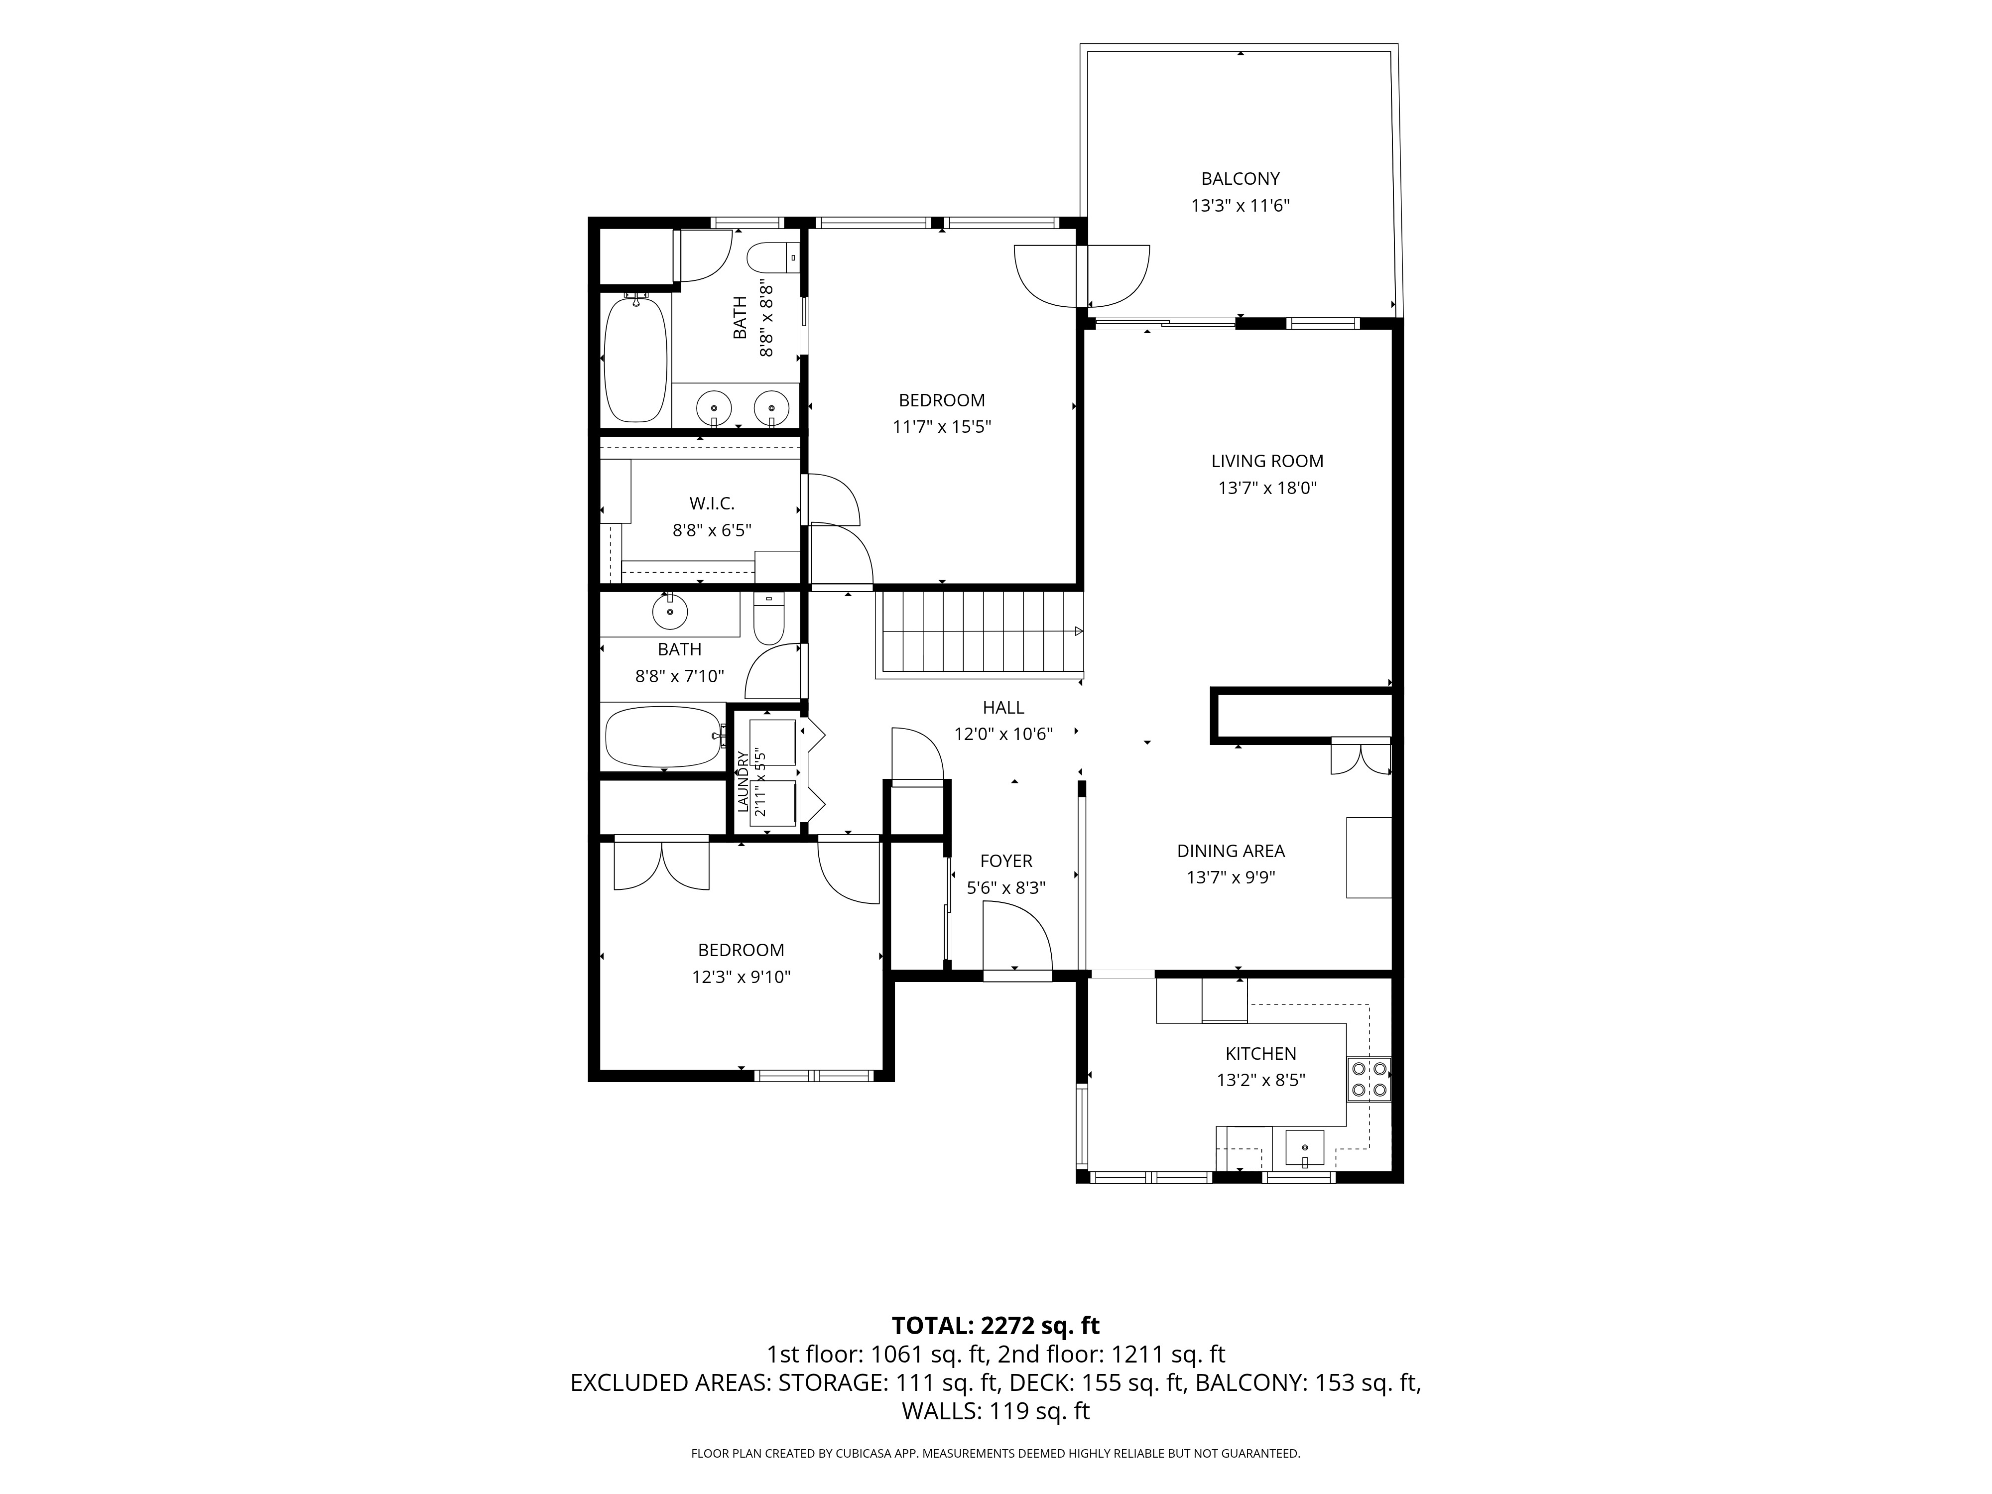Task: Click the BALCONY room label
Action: tap(1240, 179)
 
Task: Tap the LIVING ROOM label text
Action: tap(1267, 461)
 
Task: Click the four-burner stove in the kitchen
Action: tap(1369, 1079)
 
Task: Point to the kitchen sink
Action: tap(1304, 1149)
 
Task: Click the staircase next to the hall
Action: tap(980, 633)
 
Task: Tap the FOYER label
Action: tap(1006, 861)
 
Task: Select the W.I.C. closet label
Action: tap(712, 503)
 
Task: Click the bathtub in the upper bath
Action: tap(636, 360)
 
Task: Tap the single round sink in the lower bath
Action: tap(670, 613)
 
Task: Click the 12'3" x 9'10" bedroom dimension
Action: tap(741, 977)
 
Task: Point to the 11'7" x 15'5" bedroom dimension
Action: tap(942, 427)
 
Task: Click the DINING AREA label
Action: tap(1231, 851)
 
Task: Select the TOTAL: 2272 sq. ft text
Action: tap(995, 1326)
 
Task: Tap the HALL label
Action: tap(1003, 708)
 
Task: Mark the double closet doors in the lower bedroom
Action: tap(662, 865)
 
